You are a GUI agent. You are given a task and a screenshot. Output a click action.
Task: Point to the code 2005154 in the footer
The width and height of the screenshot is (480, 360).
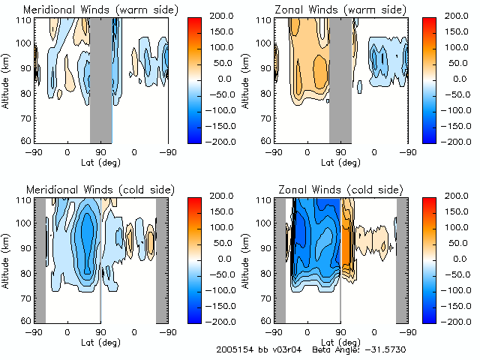(232, 349)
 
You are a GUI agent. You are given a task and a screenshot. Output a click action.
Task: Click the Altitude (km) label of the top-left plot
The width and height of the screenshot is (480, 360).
(6, 79)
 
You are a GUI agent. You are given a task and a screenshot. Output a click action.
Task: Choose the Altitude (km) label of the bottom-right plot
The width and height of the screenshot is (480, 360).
(246, 259)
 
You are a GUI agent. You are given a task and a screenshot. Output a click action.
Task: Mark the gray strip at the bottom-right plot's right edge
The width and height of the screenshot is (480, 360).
(402, 259)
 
